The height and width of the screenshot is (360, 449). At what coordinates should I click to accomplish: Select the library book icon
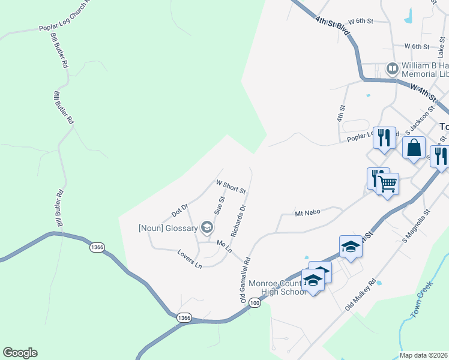tap(392, 69)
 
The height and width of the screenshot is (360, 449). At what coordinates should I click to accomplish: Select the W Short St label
tap(231, 187)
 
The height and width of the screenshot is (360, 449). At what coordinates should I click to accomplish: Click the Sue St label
tap(219, 205)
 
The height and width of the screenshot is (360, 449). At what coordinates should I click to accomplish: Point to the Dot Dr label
tap(180, 210)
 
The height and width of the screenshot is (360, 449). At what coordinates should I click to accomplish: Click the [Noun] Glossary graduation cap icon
tap(207, 227)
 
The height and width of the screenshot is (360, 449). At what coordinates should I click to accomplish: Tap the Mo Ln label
tap(224, 246)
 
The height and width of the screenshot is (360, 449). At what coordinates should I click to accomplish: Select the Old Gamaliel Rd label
tap(246, 280)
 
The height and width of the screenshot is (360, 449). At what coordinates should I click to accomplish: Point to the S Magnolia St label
tap(417, 226)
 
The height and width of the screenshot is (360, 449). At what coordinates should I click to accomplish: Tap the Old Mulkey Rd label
tap(360, 295)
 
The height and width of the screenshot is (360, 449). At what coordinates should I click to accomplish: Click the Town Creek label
tap(422, 302)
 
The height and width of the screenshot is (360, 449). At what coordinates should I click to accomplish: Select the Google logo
tap(20, 353)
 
